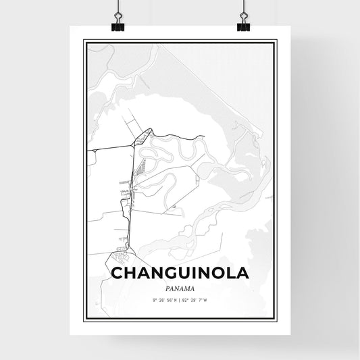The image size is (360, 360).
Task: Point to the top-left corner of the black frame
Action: coord(84,41)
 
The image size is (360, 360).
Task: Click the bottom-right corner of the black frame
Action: coord(276,318)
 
